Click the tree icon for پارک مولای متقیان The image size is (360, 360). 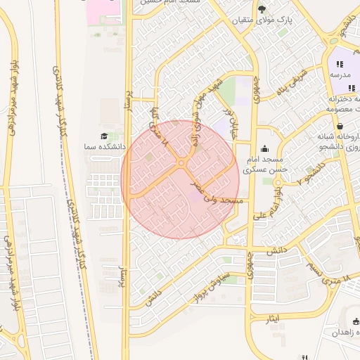(x=262, y=9)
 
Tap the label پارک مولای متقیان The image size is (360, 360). (x=262, y=21)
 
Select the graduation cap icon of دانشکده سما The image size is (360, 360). (x=104, y=136)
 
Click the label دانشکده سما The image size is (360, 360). (x=104, y=147)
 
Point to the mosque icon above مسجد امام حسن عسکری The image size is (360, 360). (x=264, y=148)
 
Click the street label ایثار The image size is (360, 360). (x=274, y=319)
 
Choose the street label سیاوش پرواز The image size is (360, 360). (x=208, y=285)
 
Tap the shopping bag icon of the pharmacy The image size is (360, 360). (x=340, y=127)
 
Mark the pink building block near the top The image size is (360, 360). (x=103, y=9)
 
